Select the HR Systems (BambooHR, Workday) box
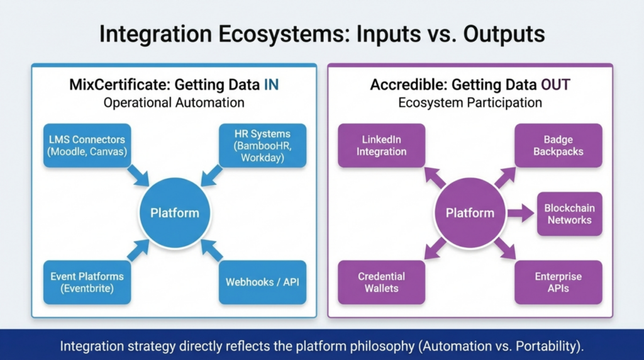coord(263,145)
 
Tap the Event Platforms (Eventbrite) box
coord(87,282)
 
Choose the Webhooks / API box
coord(263,282)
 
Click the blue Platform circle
coord(175,213)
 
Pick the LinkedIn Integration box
coord(381,145)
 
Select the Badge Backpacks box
coord(558,145)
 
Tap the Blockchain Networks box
coord(569,214)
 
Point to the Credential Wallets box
coord(381,282)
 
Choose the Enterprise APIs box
coord(558,282)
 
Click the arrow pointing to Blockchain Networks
coord(520,213)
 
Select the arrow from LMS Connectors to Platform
coord(138,176)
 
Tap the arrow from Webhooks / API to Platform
coord(212,250)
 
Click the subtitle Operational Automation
coord(174,103)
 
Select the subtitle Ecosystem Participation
coord(470,103)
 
